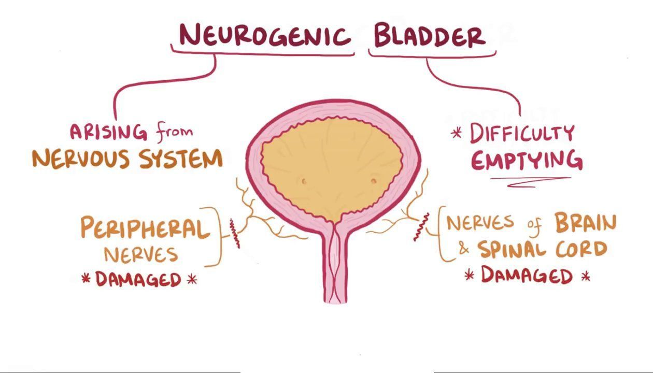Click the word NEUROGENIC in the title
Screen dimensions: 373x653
264,35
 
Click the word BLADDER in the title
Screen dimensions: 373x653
430,36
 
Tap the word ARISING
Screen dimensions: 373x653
108,132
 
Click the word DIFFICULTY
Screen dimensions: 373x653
522,134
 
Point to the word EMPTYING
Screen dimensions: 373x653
526,161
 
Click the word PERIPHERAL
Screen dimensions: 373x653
143,228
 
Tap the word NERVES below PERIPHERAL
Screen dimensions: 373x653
141,255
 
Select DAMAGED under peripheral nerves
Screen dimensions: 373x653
138,280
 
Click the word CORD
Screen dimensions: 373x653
581,250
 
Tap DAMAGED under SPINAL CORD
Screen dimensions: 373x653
527,275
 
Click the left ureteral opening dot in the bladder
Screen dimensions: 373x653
304,181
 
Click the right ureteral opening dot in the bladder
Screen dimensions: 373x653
374,181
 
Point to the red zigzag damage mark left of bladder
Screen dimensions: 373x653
235,234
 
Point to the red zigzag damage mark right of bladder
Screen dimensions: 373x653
421,227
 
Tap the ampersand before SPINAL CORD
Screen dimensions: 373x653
464,250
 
